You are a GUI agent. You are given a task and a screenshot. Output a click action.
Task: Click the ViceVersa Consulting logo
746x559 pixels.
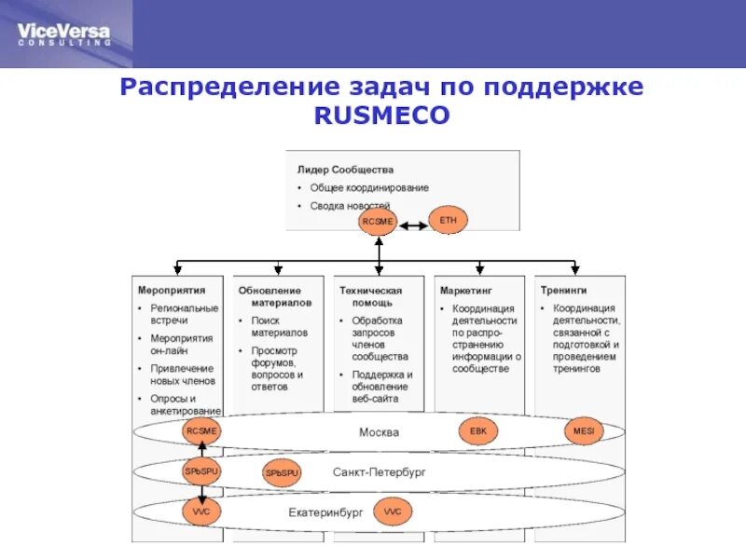[x=63, y=34]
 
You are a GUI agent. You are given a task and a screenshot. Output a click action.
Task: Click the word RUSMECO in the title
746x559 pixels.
[x=380, y=115]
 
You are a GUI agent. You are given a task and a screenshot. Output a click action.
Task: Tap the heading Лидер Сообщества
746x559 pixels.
[x=345, y=170]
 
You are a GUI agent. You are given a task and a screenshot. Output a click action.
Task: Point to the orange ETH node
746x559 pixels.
[x=448, y=220]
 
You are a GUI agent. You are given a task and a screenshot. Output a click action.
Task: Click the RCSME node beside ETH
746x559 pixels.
[x=379, y=222]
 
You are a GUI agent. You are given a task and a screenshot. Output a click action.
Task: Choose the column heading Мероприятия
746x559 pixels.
[x=172, y=291]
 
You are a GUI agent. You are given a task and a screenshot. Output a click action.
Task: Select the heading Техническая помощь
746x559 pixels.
[x=370, y=296]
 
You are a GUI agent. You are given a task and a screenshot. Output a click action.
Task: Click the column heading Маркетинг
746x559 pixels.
[x=466, y=291]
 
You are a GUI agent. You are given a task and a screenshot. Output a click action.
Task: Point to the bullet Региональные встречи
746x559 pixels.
[x=184, y=314]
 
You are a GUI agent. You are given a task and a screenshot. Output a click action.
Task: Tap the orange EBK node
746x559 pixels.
[x=478, y=431]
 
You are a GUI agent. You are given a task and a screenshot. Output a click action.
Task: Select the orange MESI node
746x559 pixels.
[x=584, y=431]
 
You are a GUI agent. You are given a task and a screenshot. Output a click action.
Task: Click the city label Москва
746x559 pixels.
[x=379, y=432]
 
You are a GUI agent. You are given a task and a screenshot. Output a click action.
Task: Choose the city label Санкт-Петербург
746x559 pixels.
[x=379, y=472]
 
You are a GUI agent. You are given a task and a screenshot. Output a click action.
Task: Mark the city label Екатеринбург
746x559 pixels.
[x=325, y=511]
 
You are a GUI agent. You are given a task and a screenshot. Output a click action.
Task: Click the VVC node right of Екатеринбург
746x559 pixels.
[x=392, y=511]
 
